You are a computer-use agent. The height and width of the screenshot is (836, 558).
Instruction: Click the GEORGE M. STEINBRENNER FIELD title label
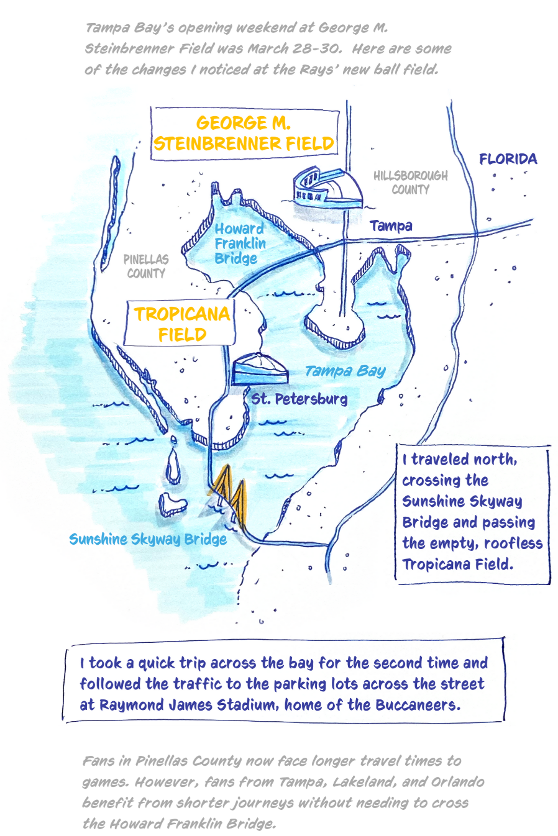point(244,134)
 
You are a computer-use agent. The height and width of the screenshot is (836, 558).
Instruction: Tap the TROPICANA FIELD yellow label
point(181,324)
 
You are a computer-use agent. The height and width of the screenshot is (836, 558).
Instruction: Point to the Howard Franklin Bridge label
point(239,243)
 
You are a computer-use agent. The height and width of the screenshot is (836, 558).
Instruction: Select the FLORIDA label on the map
point(508,159)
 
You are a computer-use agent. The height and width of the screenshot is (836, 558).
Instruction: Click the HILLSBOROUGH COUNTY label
point(410,183)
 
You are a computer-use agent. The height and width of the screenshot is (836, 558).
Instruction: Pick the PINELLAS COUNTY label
point(146,266)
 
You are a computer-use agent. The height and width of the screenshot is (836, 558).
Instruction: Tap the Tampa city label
point(391,226)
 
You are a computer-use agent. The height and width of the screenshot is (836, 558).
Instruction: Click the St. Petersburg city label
point(299,399)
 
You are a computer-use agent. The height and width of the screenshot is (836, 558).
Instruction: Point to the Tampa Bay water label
point(345,371)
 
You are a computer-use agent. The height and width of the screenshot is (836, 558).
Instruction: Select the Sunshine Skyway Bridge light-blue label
point(148,539)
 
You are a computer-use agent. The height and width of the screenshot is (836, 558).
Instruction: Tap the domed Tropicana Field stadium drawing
point(260,370)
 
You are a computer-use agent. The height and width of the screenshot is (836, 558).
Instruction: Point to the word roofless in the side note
point(513,543)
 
